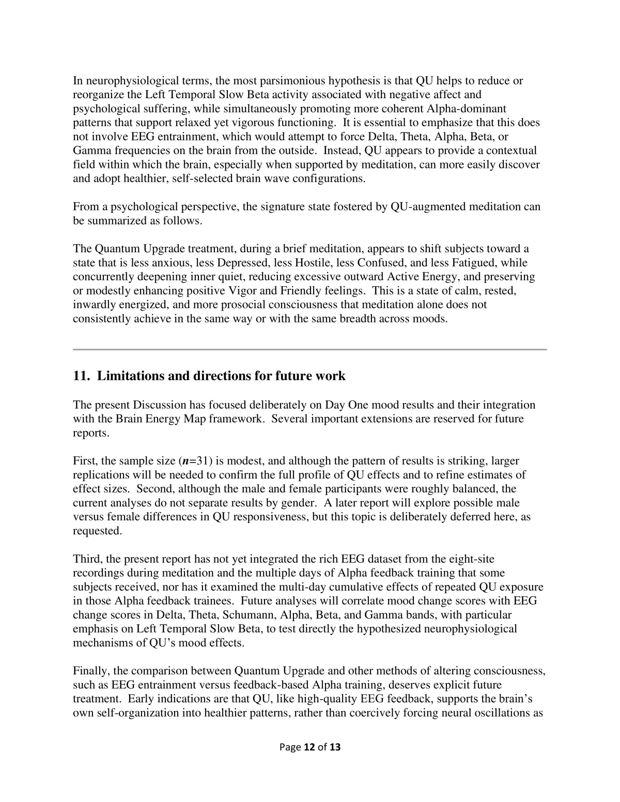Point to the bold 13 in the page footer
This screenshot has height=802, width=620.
tap(335, 747)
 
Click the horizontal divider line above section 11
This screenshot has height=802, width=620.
tap(309, 350)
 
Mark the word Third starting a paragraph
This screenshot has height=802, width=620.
tap(87, 559)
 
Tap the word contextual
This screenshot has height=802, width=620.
tap(512, 150)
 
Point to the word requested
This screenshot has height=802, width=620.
tap(97, 530)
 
